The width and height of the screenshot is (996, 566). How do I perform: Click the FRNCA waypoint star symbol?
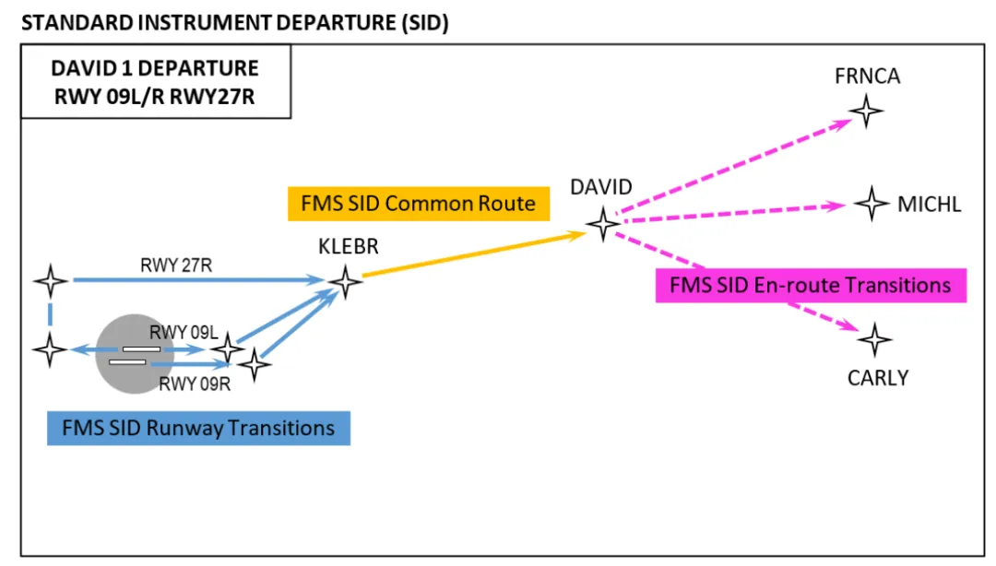(866, 112)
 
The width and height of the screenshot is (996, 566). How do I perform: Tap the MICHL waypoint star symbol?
(871, 203)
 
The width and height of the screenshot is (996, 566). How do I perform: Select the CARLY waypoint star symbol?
(874, 339)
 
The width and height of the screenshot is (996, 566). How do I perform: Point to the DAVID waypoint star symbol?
(603, 223)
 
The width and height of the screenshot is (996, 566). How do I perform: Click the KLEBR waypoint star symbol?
(345, 281)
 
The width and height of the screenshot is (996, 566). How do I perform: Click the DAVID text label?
(601, 187)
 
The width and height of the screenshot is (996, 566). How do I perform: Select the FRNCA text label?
(867, 77)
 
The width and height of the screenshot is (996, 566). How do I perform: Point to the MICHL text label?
(929, 204)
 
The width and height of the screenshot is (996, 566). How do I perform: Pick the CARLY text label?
(877, 377)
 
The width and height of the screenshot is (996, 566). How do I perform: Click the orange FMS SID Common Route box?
(418, 203)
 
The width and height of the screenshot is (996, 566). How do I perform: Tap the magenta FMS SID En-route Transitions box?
(810, 285)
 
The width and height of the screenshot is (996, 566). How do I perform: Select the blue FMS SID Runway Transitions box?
(198, 428)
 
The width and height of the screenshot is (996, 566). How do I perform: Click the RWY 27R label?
(174, 265)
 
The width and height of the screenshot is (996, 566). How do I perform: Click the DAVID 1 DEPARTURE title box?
(155, 81)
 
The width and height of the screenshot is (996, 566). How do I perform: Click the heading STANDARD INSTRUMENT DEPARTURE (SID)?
(234, 23)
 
